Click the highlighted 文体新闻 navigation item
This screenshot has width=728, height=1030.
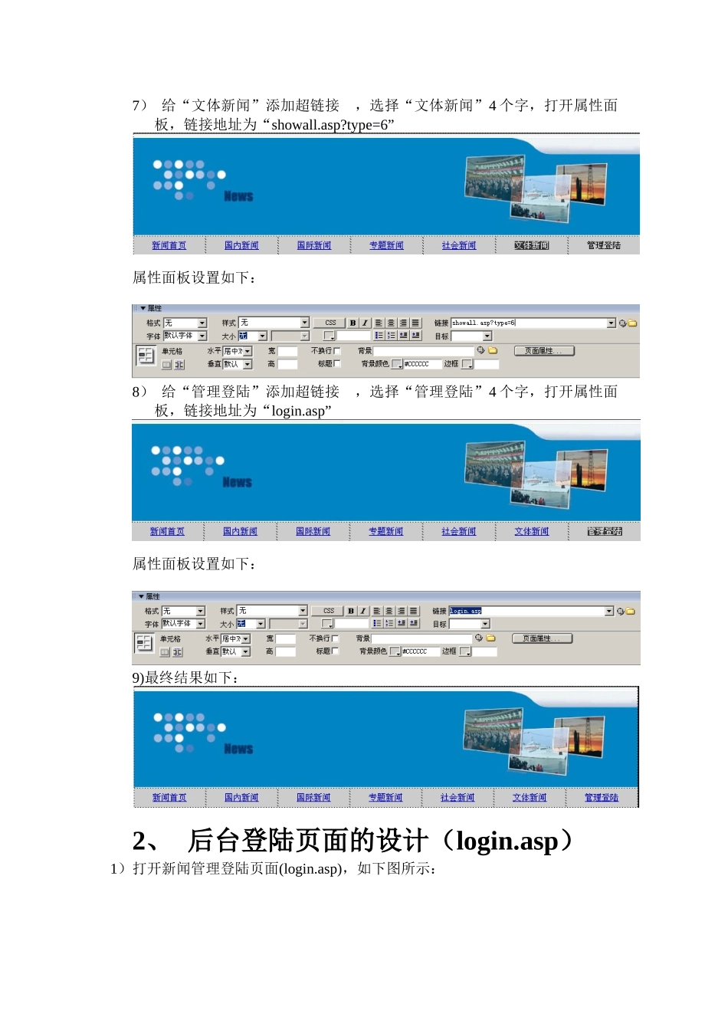pos(532,246)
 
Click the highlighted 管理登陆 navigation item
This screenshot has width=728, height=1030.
pos(605,532)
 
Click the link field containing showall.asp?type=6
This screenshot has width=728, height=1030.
pos(529,323)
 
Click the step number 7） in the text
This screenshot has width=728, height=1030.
pos(139,106)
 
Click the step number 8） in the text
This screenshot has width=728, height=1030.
pos(139,392)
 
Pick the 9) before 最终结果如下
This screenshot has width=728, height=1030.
pos(138,678)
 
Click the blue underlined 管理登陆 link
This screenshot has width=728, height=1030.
pos(602,798)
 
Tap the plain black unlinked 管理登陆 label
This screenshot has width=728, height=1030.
pos(604,246)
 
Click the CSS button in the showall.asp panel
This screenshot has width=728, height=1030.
pos(330,323)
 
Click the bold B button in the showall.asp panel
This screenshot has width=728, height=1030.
pos(353,323)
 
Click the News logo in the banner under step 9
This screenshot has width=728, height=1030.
pos(238,749)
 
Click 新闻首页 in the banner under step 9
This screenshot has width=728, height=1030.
pos(169,798)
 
